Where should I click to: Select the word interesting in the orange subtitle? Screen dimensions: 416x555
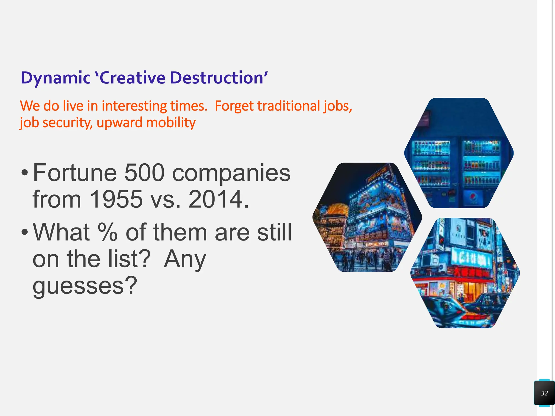click(x=134, y=106)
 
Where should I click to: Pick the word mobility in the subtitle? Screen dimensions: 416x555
click(x=171, y=123)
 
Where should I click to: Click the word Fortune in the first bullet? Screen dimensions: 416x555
click(x=75, y=173)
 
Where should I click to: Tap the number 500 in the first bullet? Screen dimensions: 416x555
click(x=144, y=173)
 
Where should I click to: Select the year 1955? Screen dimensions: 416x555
click(x=116, y=199)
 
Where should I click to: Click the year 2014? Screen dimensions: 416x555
click(x=215, y=199)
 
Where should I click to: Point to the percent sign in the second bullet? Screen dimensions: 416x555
click(x=108, y=232)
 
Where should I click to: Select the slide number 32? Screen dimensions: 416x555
click(x=544, y=393)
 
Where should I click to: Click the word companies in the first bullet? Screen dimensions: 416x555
click(x=231, y=173)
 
